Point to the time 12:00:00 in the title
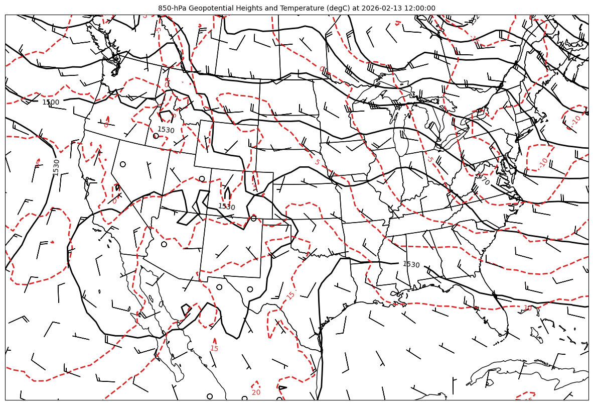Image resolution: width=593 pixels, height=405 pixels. pyautogui.click(x=418, y=8)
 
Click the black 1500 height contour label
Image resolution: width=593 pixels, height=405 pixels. pyautogui.click(x=51, y=103)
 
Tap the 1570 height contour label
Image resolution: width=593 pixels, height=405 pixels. pyautogui.click(x=483, y=179)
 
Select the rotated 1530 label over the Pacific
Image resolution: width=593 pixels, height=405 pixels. pyautogui.click(x=56, y=167)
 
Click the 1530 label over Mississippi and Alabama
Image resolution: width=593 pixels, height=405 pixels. pyautogui.click(x=411, y=264)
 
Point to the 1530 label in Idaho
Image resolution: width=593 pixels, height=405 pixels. pyautogui.click(x=166, y=130)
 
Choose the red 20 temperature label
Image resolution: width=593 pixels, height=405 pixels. pyautogui.click(x=256, y=392)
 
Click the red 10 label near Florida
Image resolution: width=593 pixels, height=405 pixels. pyautogui.click(x=528, y=308)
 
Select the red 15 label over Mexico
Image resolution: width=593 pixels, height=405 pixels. pyautogui.click(x=214, y=348)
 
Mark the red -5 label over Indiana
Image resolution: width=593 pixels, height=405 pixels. pyautogui.click(x=429, y=159)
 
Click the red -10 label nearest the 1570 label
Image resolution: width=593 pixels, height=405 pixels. pyautogui.click(x=543, y=163)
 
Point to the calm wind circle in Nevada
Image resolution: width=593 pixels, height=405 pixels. pyautogui.click(x=122, y=164)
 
